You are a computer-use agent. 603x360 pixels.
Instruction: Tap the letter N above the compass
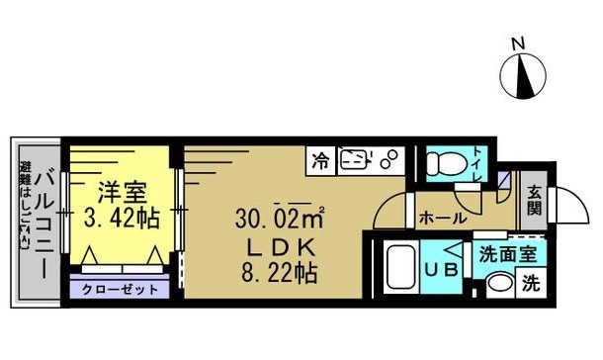(517, 43)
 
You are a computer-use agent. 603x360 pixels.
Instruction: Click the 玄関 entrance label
(533, 203)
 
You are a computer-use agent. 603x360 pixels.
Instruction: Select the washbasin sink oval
(499, 283)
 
